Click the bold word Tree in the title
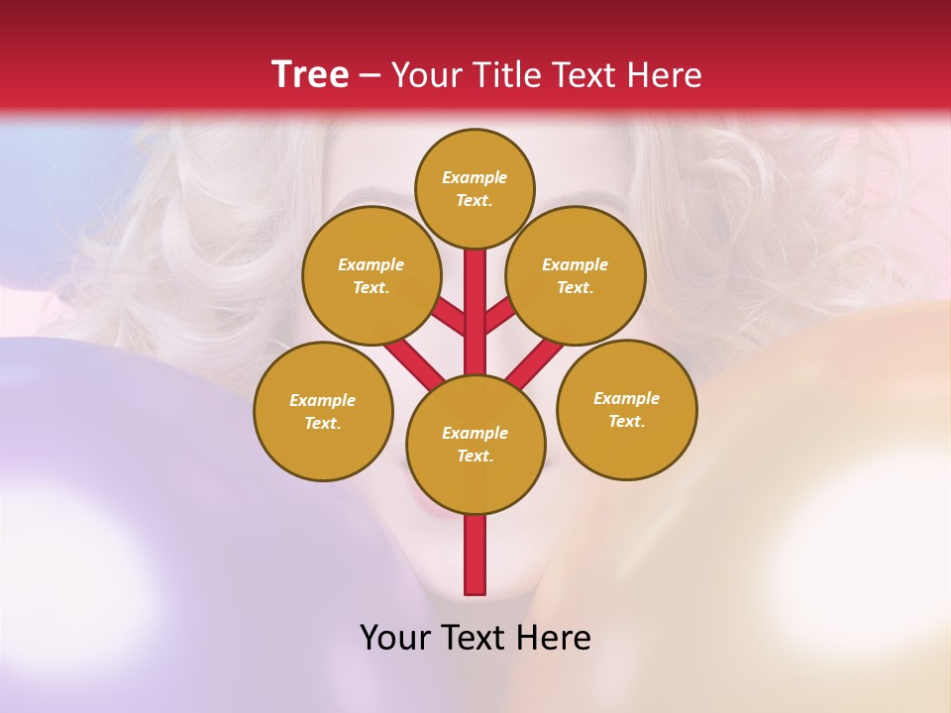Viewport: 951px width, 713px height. click(x=310, y=75)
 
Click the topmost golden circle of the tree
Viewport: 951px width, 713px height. click(x=475, y=188)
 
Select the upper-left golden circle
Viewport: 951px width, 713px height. click(x=371, y=275)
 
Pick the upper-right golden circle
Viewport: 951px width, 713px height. click(x=576, y=275)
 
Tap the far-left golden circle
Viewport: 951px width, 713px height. click(x=323, y=411)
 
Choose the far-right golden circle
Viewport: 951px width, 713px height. click(x=627, y=409)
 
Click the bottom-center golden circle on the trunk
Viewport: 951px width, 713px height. click(x=475, y=444)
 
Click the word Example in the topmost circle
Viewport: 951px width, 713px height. click(x=475, y=177)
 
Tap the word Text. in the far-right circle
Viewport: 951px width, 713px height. click(x=627, y=421)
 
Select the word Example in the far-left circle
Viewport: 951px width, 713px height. click(x=323, y=400)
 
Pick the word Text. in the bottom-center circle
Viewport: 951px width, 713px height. click(x=475, y=456)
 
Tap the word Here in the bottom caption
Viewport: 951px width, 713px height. click(x=557, y=638)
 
